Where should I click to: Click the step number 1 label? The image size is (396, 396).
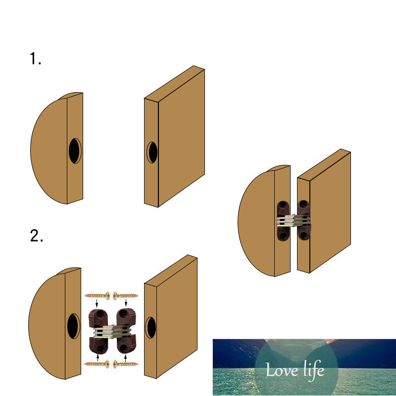tap(35, 58)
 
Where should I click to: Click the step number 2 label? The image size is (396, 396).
tap(36, 236)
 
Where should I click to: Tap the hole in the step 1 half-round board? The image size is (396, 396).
tap(75, 151)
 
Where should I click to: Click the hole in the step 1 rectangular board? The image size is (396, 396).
tap(152, 152)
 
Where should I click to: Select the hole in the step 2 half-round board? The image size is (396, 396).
tap(73, 326)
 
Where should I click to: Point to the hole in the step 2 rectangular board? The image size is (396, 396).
tap(151, 328)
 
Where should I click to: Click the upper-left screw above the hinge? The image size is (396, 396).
tap(97, 296)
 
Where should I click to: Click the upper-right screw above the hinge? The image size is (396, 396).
tap(126, 296)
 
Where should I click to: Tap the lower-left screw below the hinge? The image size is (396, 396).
tap(97, 364)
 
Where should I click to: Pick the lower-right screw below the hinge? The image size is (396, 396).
tap(126, 364)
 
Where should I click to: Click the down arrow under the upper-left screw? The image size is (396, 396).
tap(97, 303)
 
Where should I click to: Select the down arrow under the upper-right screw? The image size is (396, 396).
tap(126, 303)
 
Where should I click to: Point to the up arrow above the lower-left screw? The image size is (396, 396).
tap(98, 357)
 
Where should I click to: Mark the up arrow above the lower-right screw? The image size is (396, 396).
tap(125, 358)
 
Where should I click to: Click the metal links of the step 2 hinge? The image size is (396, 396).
tap(112, 332)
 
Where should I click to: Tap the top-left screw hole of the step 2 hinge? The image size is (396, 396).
tap(100, 314)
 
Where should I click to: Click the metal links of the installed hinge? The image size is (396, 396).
tap(294, 220)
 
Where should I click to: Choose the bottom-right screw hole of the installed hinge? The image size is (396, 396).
tap(303, 236)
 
